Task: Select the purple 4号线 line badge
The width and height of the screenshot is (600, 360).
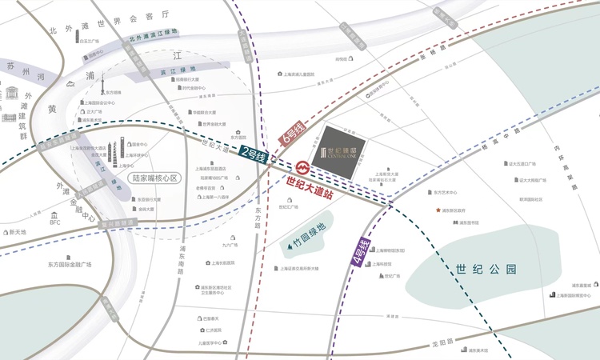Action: tap(362, 252)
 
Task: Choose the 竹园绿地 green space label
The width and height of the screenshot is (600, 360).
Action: tap(308, 231)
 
